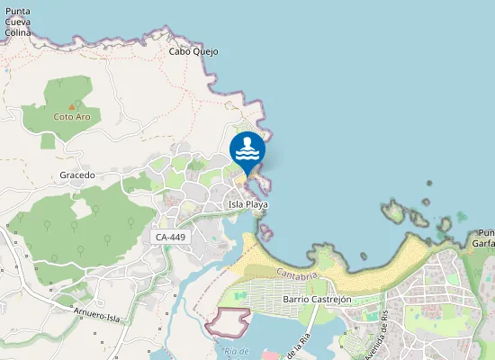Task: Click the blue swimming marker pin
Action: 247,150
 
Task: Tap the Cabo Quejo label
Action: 194,51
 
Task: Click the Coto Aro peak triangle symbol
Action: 72,107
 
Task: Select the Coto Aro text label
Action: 72,117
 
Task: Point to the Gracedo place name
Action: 77,175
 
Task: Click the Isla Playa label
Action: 248,204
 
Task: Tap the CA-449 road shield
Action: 171,237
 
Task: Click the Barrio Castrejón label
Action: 316,299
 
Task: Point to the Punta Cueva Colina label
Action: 18,22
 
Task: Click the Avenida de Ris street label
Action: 375,334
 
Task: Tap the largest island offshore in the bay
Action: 393,211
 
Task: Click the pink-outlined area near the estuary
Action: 229,320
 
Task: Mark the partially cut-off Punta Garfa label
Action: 483,238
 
